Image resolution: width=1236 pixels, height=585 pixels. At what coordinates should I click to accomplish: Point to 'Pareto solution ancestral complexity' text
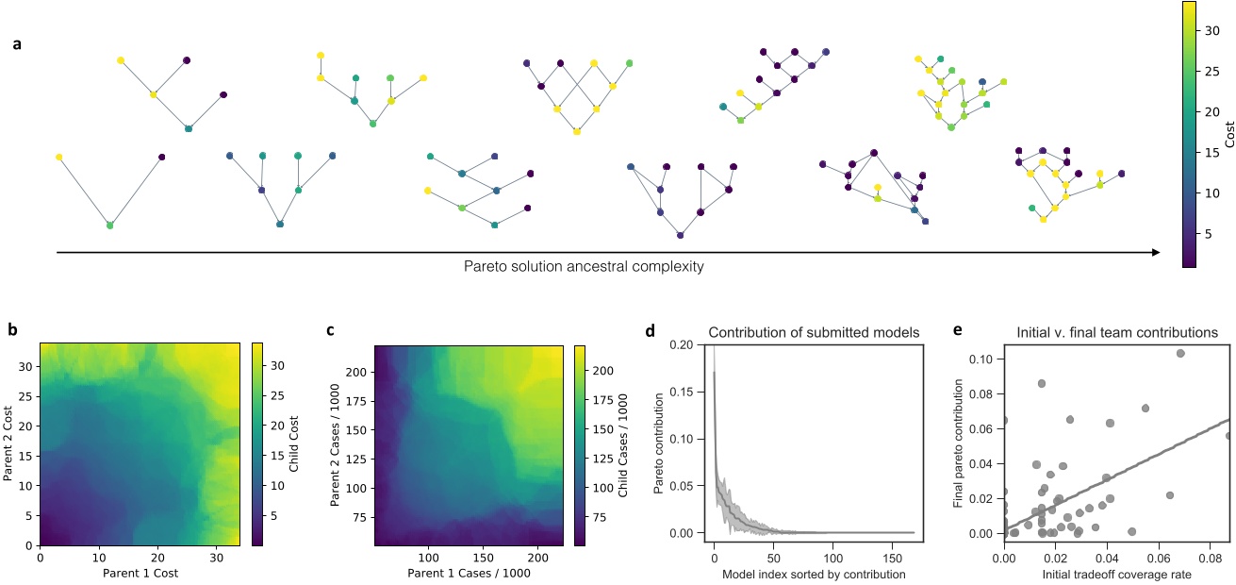584,266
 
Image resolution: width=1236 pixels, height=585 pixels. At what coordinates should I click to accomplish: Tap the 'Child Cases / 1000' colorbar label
624,444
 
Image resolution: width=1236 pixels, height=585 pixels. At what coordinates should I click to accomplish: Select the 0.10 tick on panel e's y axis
981,359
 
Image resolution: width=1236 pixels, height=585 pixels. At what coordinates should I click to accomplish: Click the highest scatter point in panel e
1180,353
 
